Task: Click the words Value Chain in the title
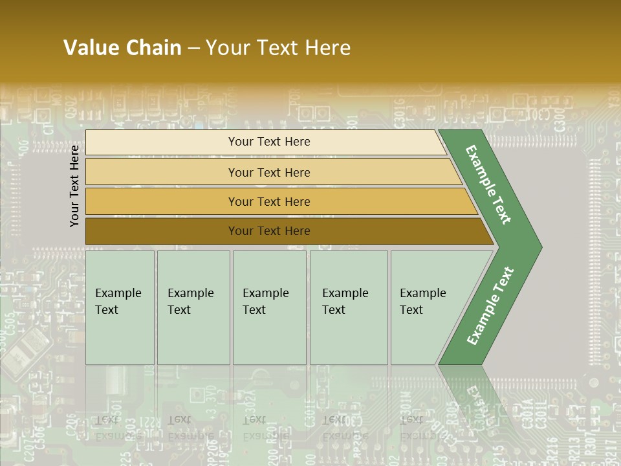[x=122, y=48]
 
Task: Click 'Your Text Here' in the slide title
[x=278, y=48]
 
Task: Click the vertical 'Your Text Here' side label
[x=74, y=186]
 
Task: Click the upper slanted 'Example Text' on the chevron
[x=488, y=184]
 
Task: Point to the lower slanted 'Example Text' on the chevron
[x=490, y=306]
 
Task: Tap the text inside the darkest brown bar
[x=269, y=231]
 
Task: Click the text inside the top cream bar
[x=269, y=142]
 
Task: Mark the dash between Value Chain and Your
[x=193, y=49]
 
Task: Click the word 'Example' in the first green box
[x=118, y=293]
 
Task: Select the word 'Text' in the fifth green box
[x=411, y=310]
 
